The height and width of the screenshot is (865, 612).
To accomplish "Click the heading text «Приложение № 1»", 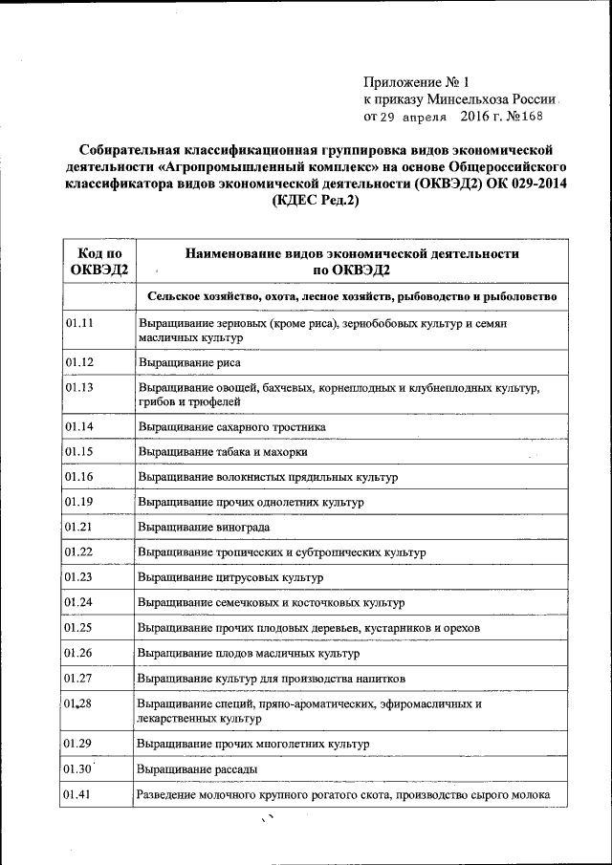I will click(x=417, y=83).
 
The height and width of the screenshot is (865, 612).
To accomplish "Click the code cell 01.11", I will click(x=79, y=323).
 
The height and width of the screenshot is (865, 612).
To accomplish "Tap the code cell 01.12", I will click(x=79, y=362).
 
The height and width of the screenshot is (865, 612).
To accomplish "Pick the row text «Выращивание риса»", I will click(x=188, y=363).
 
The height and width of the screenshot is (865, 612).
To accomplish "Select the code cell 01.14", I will click(x=79, y=426).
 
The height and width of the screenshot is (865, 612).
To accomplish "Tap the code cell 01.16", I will click(x=79, y=476).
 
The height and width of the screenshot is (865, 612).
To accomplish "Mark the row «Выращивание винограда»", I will click(x=204, y=527).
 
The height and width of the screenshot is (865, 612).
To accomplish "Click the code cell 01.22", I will click(x=79, y=551).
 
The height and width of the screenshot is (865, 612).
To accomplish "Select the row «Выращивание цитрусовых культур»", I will click(x=230, y=577).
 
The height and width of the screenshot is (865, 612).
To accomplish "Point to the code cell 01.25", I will click(x=79, y=627).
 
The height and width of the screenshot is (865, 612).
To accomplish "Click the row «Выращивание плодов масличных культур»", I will click(x=249, y=653).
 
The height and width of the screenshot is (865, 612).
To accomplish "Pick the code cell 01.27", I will click(x=79, y=678).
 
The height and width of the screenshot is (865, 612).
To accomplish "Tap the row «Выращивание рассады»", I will click(x=196, y=768).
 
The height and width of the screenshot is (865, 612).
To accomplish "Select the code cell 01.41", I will click(x=79, y=793).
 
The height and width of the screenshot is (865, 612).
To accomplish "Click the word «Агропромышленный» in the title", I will click(x=227, y=166).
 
